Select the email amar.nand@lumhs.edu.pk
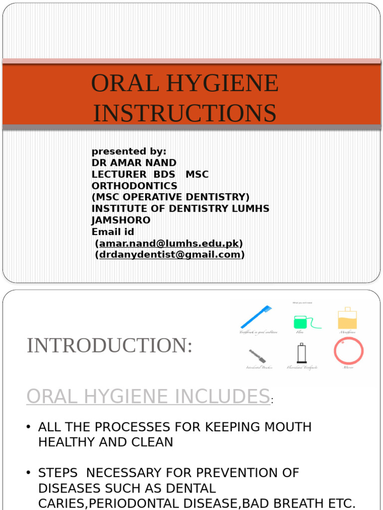pos(170,244)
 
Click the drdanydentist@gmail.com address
pos(170,255)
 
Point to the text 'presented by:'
pos(129,151)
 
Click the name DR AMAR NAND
pos(134,163)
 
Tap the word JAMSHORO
pos(121,220)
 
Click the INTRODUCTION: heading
pos(109,346)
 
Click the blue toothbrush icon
pos(256,317)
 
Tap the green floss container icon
pos(301,322)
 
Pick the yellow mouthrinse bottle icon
pos(348,318)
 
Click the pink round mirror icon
pos(349,351)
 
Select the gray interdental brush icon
pos(257,356)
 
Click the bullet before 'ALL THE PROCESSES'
pos(28,427)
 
